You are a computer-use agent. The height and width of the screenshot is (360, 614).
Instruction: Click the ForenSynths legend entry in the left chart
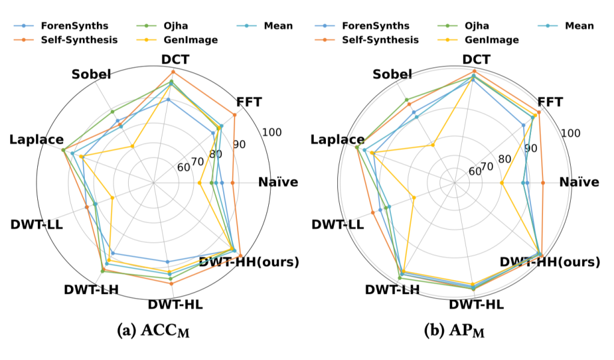click(66, 26)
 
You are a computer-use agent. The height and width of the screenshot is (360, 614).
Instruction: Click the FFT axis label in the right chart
click(550, 102)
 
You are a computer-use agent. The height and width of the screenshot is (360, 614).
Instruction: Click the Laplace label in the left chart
click(36, 140)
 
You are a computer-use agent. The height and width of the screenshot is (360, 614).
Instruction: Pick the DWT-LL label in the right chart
click(337, 225)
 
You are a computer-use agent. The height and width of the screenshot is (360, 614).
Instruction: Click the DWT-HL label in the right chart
click(476, 304)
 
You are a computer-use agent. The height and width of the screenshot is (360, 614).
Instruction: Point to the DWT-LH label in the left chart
click(91, 289)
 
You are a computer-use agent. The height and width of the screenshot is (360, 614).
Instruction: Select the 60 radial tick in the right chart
click(474, 171)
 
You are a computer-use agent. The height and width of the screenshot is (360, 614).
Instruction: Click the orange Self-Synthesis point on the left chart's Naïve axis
click(232, 183)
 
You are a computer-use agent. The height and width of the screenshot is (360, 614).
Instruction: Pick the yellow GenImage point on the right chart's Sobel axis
click(433, 145)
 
